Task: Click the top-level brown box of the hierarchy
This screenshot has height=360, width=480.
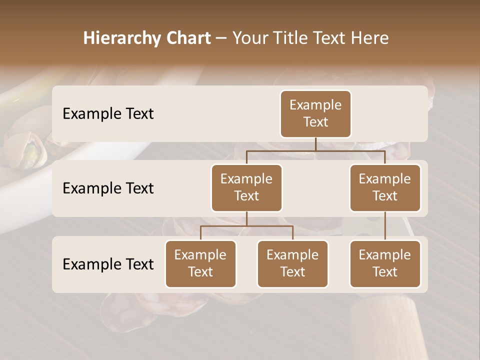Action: [315, 114]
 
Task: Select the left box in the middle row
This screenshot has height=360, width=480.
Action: [246, 188]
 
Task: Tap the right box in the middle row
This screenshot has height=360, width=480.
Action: [385, 188]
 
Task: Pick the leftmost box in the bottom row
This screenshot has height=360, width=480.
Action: [200, 264]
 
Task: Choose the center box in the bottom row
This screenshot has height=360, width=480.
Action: [292, 264]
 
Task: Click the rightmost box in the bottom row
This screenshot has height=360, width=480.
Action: [385, 264]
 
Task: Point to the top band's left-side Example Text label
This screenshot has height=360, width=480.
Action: [108, 114]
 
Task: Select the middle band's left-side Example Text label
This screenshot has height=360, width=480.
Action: [108, 188]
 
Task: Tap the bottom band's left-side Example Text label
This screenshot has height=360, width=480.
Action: [108, 264]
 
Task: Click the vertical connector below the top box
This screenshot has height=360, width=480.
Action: [315, 144]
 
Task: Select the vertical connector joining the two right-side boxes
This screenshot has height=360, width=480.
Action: [385, 226]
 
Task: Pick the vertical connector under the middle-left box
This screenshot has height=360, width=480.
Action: [246, 218]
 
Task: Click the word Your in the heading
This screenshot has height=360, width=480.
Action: [250, 38]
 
